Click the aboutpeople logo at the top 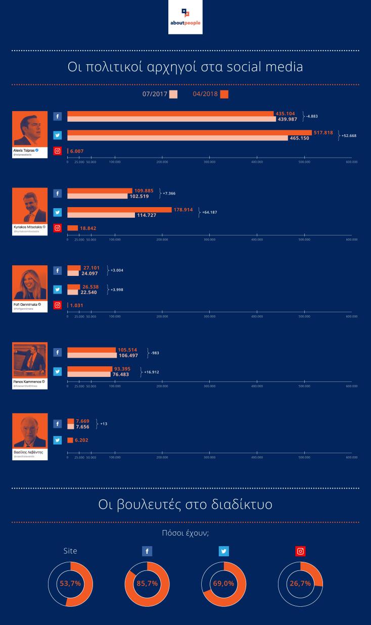click(x=185, y=17)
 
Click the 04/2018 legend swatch click(x=224, y=94)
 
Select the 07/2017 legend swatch click(x=173, y=94)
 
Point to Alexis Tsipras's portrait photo click(x=30, y=129)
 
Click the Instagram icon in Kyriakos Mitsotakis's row click(x=58, y=228)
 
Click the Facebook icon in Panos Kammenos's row click(x=58, y=353)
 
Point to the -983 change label click(x=154, y=353)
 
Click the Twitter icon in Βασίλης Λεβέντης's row click(x=58, y=440)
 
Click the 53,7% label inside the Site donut click(x=70, y=583)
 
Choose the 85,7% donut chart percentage click(x=147, y=583)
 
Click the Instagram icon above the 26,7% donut click(x=300, y=551)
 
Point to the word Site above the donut click(x=70, y=551)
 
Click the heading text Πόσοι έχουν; click(x=185, y=532)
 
